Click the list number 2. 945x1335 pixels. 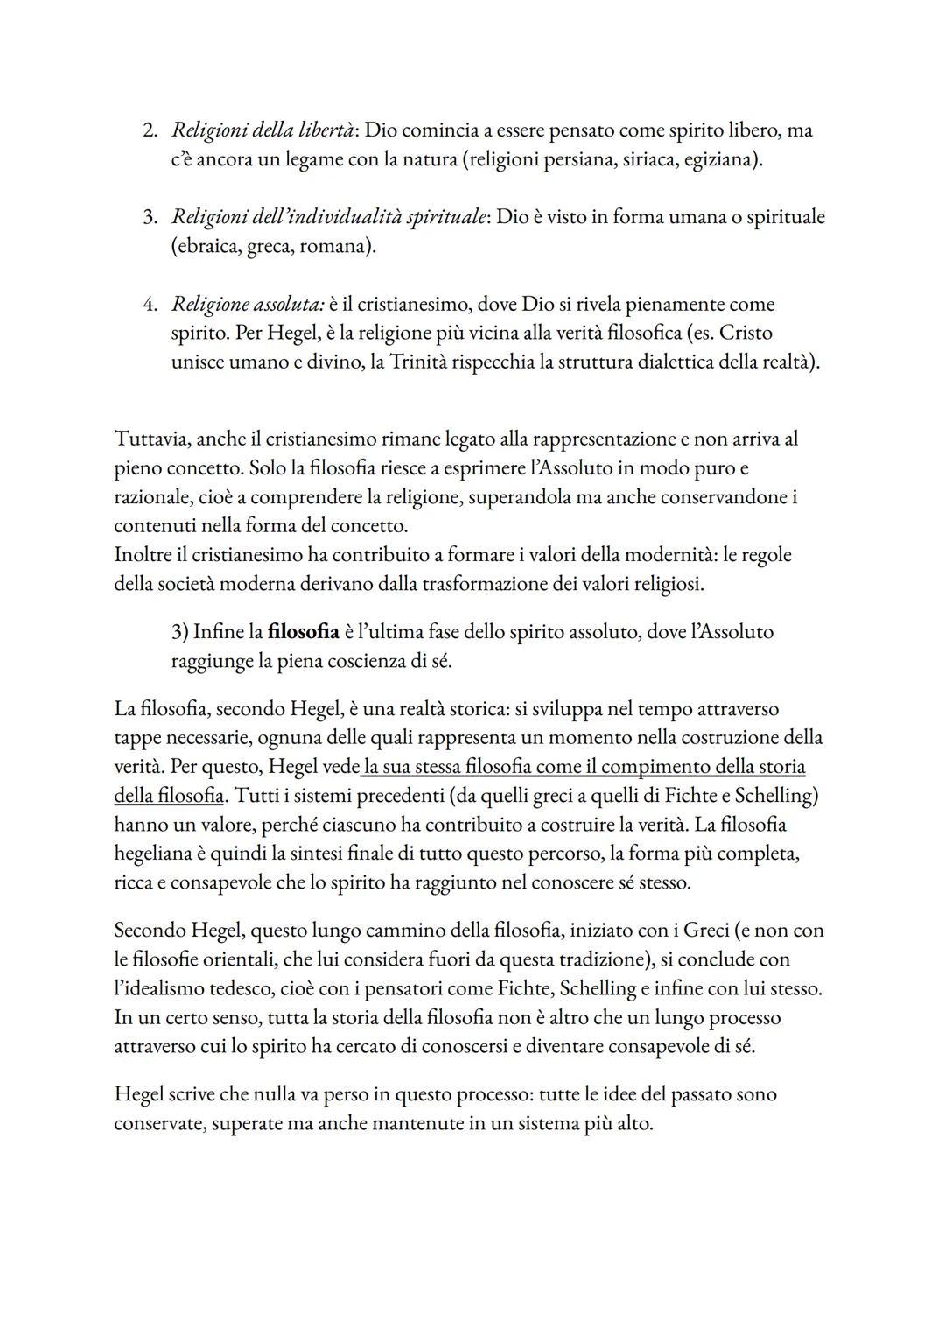coord(150,131)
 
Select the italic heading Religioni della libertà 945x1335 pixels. coord(263,131)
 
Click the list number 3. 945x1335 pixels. coord(150,217)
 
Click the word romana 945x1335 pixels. coord(332,246)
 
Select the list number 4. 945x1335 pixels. coord(150,305)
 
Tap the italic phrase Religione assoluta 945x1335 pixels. coord(248,305)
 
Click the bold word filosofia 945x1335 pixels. coord(303,632)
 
